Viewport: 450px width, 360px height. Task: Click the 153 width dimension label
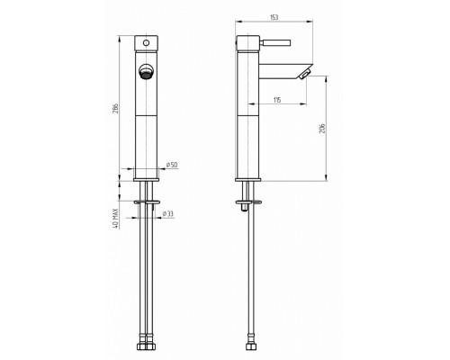point(274,17)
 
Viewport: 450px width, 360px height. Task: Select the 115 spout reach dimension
point(277,100)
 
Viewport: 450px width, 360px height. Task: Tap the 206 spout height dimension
point(322,128)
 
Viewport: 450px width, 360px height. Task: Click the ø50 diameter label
point(172,165)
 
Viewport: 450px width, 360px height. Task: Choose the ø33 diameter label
point(168,213)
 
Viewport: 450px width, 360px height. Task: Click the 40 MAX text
point(116,219)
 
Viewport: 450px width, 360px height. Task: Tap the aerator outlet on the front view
point(146,72)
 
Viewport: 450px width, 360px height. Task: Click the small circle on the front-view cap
point(146,43)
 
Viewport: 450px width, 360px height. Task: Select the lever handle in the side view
point(275,43)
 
